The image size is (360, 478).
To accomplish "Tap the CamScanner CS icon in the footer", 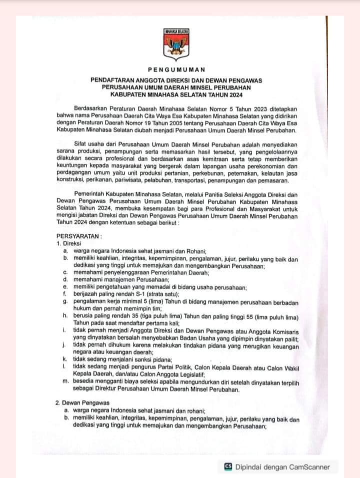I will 228,467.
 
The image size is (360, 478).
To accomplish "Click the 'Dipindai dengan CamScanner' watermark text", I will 283,467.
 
